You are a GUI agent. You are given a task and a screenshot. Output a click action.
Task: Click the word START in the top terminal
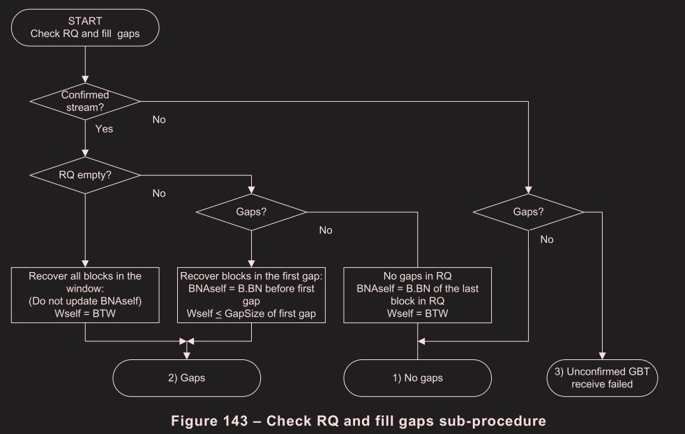coord(84,20)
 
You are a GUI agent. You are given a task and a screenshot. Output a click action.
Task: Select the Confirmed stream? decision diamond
coord(84,101)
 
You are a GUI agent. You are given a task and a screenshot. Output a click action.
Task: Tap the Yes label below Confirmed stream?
coord(103,129)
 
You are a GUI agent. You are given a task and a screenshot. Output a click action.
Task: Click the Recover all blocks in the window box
coord(84,296)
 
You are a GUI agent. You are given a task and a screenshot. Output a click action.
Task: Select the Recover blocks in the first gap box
coord(251,296)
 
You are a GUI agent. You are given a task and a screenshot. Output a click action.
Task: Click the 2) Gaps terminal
coord(187,379)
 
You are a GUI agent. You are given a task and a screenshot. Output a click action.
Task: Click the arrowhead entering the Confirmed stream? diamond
coord(84,80)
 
